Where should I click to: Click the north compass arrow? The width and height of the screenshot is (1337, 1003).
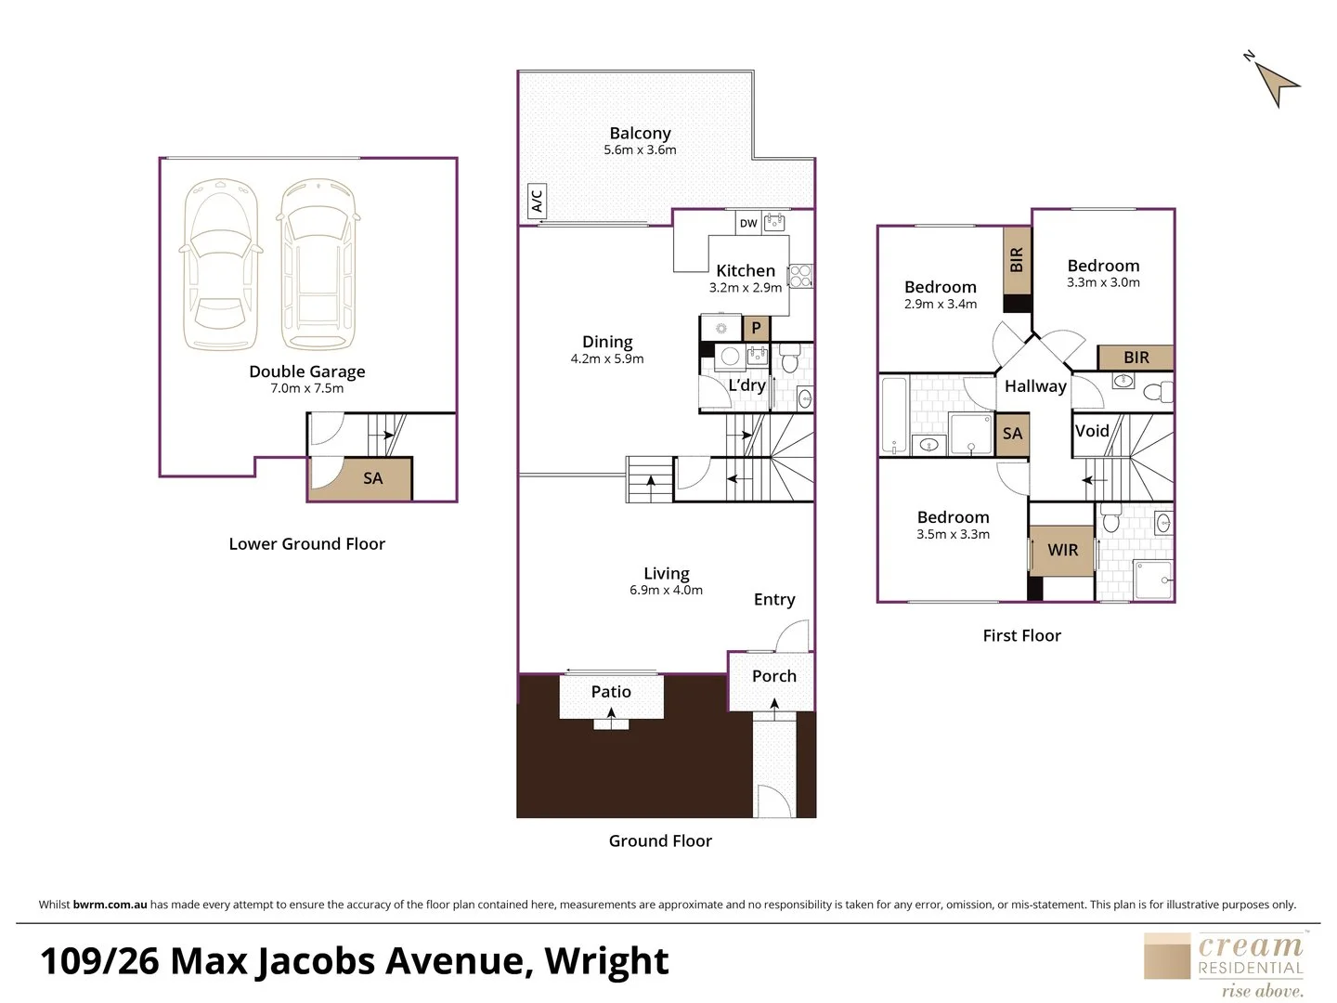[1277, 82]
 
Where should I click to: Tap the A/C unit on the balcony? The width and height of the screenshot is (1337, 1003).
[537, 201]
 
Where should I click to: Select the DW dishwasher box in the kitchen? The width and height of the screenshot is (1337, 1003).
[748, 223]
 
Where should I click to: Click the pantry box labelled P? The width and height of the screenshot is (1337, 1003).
[756, 328]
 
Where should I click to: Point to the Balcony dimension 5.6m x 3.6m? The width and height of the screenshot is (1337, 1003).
[640, 150]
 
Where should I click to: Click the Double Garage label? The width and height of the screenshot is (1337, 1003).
[306, 371]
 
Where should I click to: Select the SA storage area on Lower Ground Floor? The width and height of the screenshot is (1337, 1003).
[371, 478]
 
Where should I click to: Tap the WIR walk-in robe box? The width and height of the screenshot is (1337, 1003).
[1062, 550]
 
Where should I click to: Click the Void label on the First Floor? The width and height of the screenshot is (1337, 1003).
[1092, 431]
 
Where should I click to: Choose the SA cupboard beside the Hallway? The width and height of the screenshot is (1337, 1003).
[1012, 434]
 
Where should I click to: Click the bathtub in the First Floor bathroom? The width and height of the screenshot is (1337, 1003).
[893, 414]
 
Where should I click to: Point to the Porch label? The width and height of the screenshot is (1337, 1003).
[773, 676]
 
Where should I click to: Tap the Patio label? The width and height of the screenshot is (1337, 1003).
[610, 692]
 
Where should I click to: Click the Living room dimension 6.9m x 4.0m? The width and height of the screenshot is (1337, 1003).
[666, 590]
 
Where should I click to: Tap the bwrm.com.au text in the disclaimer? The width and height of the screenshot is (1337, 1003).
[110, 905]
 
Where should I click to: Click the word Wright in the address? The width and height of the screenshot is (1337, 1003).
[606, 961]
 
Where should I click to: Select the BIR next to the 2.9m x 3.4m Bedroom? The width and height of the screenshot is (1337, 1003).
[1017, 260]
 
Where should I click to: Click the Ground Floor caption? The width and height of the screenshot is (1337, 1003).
[660, 840]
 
